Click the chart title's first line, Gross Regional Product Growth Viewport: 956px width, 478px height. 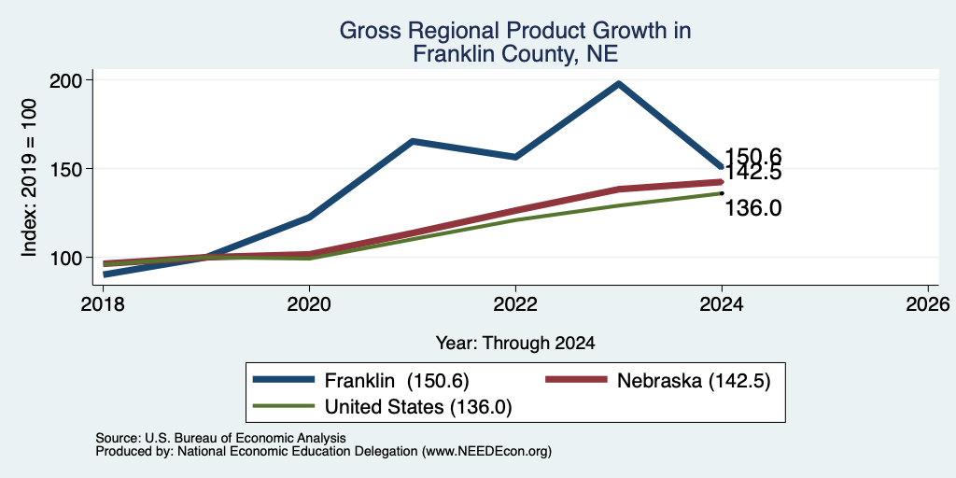(515, 31)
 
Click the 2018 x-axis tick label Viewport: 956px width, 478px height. (103, 304)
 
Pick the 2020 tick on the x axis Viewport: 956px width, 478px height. (309, 304)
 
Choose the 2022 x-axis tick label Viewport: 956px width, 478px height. (515, 304)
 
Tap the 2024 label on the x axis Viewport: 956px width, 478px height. (722, 304)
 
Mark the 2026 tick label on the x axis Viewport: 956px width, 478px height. (928, 304)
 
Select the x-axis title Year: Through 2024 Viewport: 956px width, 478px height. (515, 344)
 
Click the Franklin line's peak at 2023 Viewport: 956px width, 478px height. (619, 83)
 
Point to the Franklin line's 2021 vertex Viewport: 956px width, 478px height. (413, 141)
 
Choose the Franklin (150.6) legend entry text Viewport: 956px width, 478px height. (396, 381)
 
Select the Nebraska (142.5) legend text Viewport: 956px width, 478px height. (694, 381)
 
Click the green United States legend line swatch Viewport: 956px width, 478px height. (284, 406)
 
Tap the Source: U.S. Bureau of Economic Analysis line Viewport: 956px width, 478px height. (220, 438)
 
